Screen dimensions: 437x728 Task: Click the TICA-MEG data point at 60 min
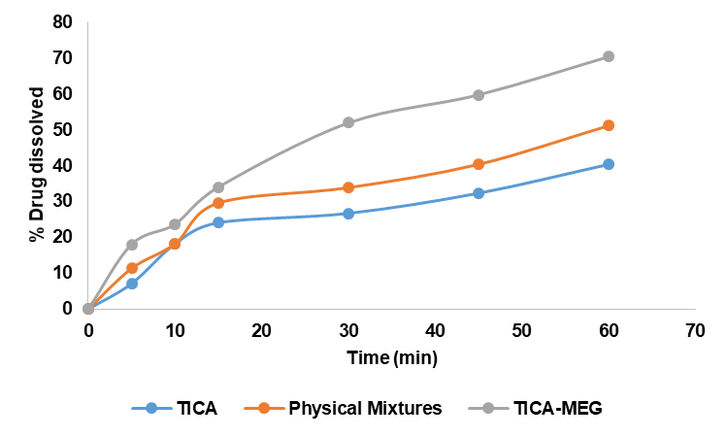pos(609,56)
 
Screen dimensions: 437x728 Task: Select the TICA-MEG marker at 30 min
pos(348,122)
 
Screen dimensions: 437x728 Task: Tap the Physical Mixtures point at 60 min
pos(609,125)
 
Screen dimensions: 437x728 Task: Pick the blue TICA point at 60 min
pos(609,164)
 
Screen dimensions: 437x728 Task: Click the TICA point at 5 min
pos(132,284)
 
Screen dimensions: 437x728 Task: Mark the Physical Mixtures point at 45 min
pos(479,164)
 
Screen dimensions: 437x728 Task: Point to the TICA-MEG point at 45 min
pos(479,95)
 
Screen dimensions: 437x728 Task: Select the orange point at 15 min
pos(218,203)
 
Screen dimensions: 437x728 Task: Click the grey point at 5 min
pos(132,245)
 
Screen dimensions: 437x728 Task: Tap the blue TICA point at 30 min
pos(348,214)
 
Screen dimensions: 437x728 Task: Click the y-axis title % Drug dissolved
pos(36,165)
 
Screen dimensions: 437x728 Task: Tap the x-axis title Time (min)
pos(392,358)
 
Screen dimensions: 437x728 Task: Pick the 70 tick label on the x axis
pos(695,331)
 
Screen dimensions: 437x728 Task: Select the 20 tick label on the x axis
pos(262,331)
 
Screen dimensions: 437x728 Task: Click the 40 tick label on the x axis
pos(435,331)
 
